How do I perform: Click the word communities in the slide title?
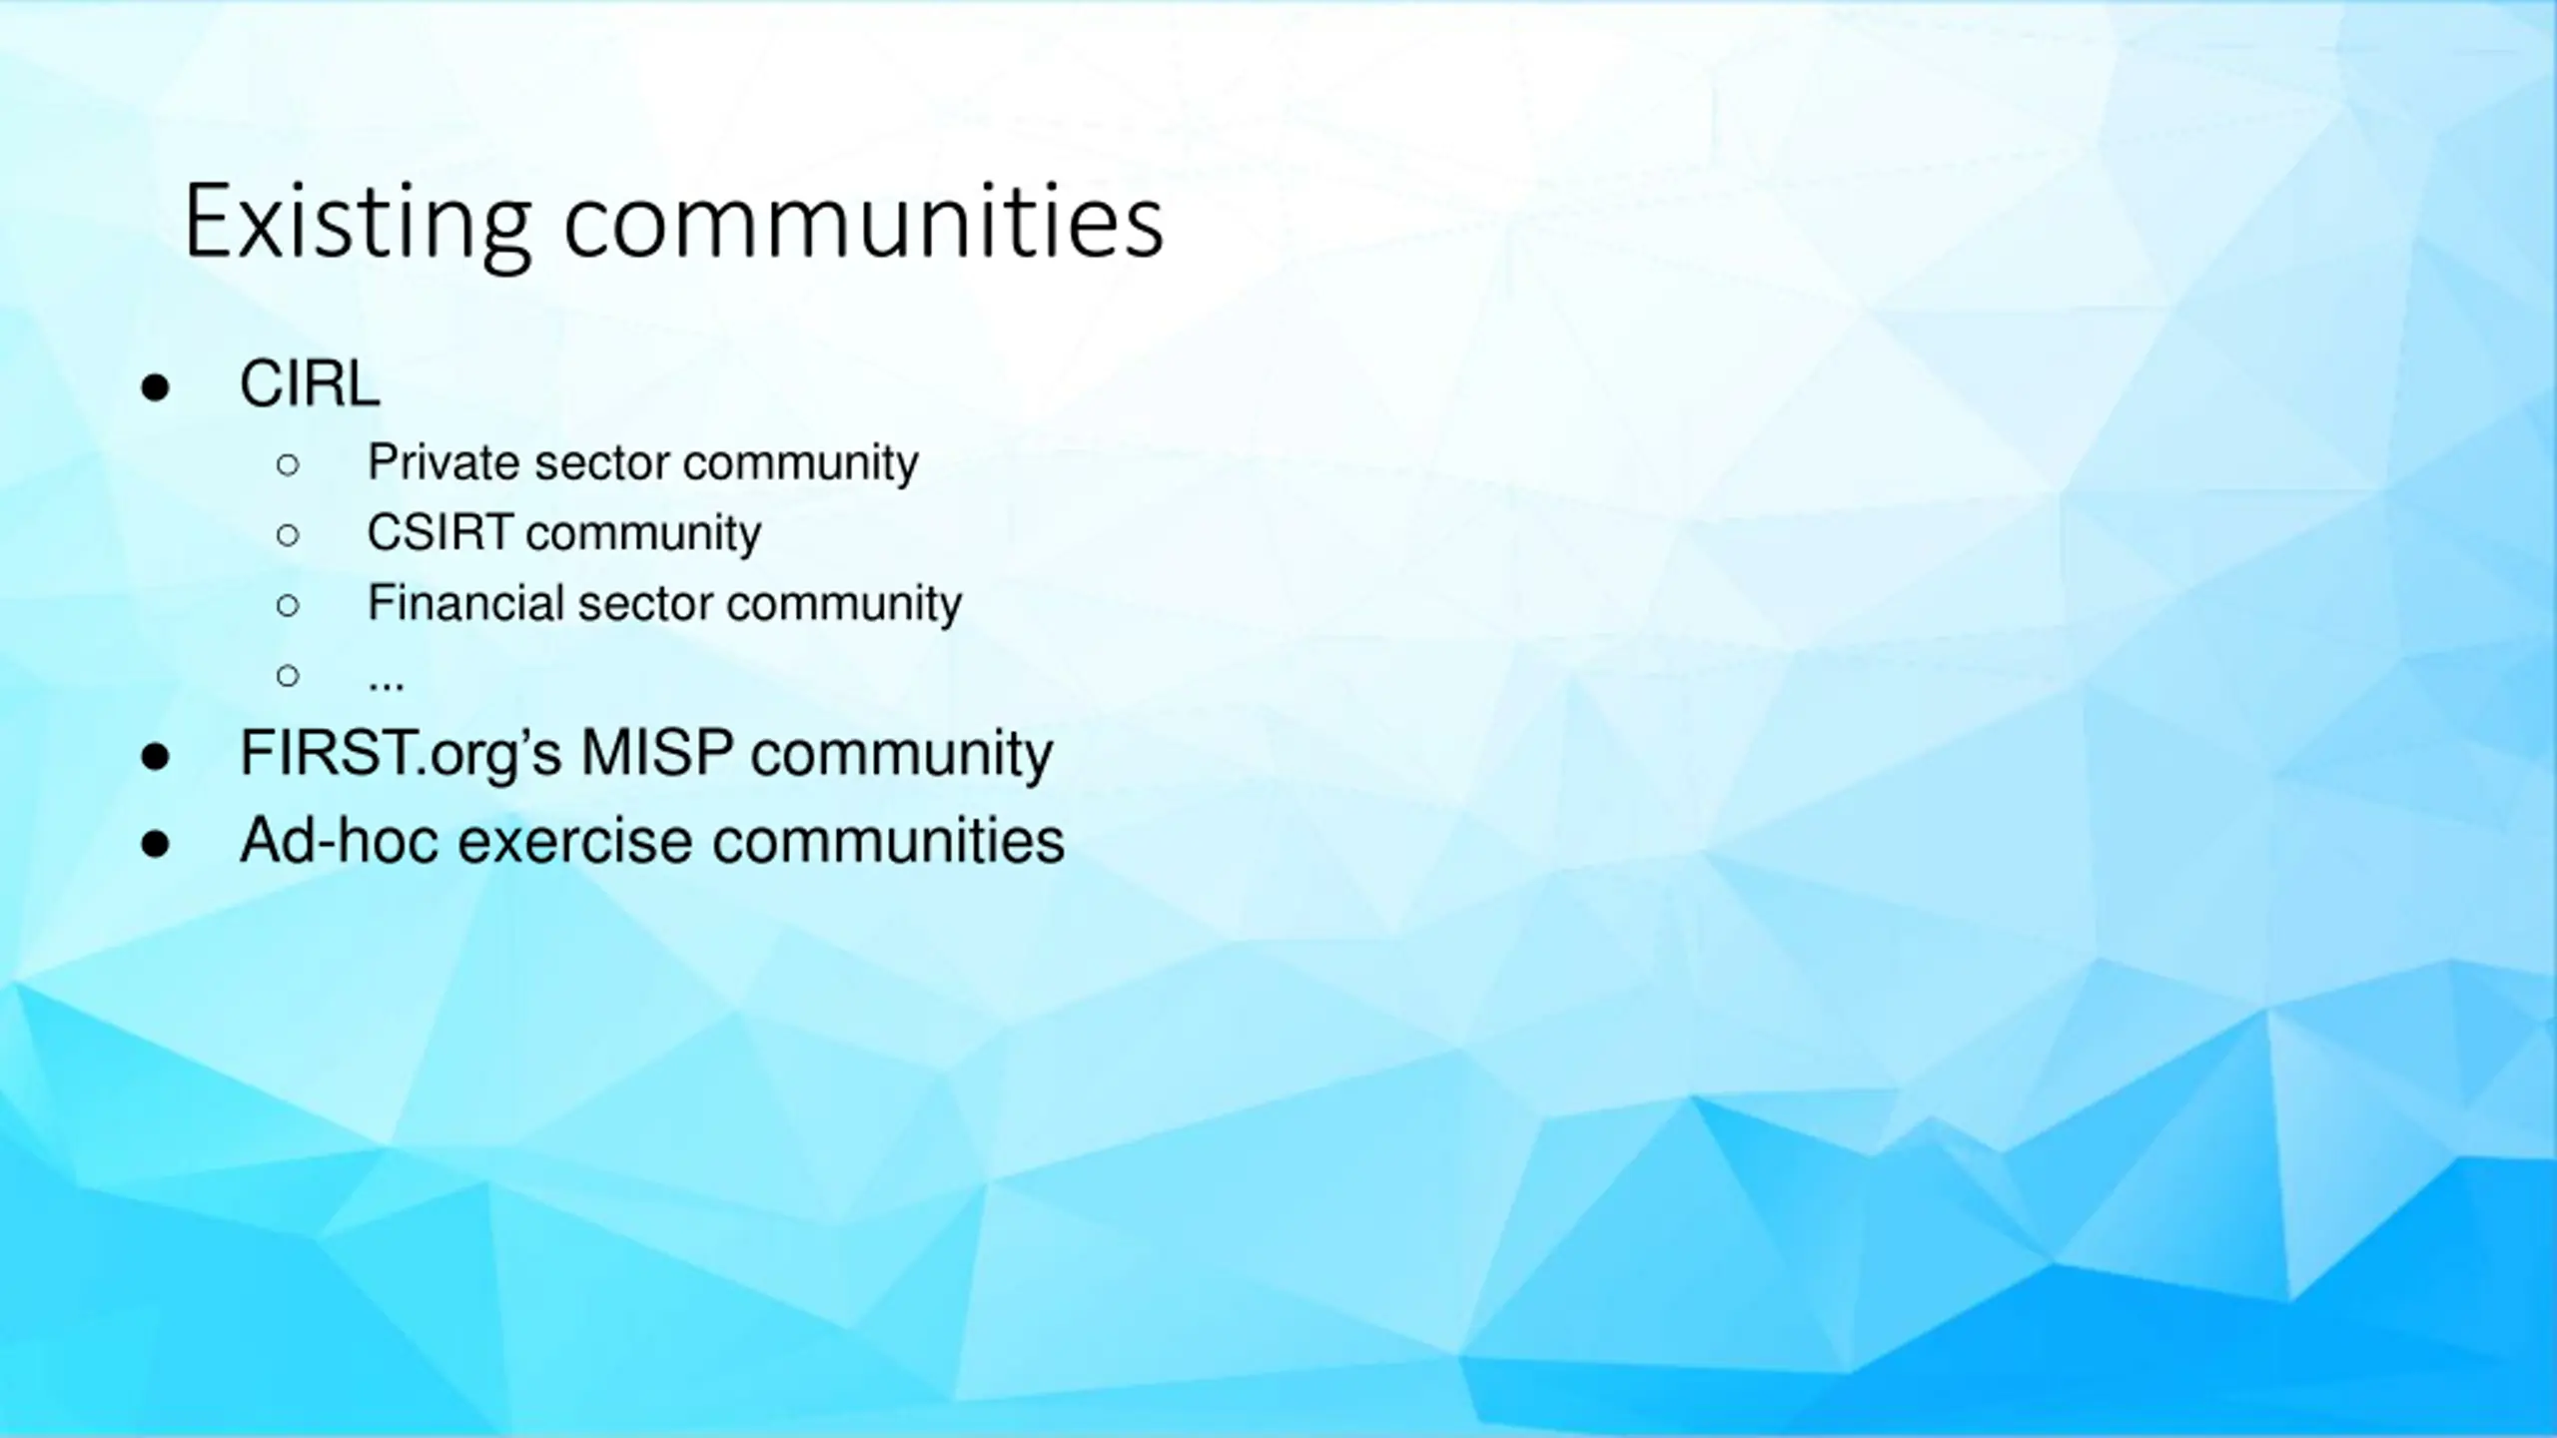[864, 221]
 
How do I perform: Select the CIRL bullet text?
[310, 383]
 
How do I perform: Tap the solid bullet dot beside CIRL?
[155, 386]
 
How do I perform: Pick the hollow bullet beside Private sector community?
[288, 464]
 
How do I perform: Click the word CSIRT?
[440, 532]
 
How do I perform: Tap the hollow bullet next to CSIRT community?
[288, 535]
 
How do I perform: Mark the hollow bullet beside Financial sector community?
[288, 605]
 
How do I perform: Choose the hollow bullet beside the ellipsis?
[288, 676]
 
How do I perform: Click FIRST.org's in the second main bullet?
[402, 754]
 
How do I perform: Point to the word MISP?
[657, 752]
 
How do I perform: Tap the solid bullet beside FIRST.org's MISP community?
[155, 756]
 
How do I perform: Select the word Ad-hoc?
[340, 840]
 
